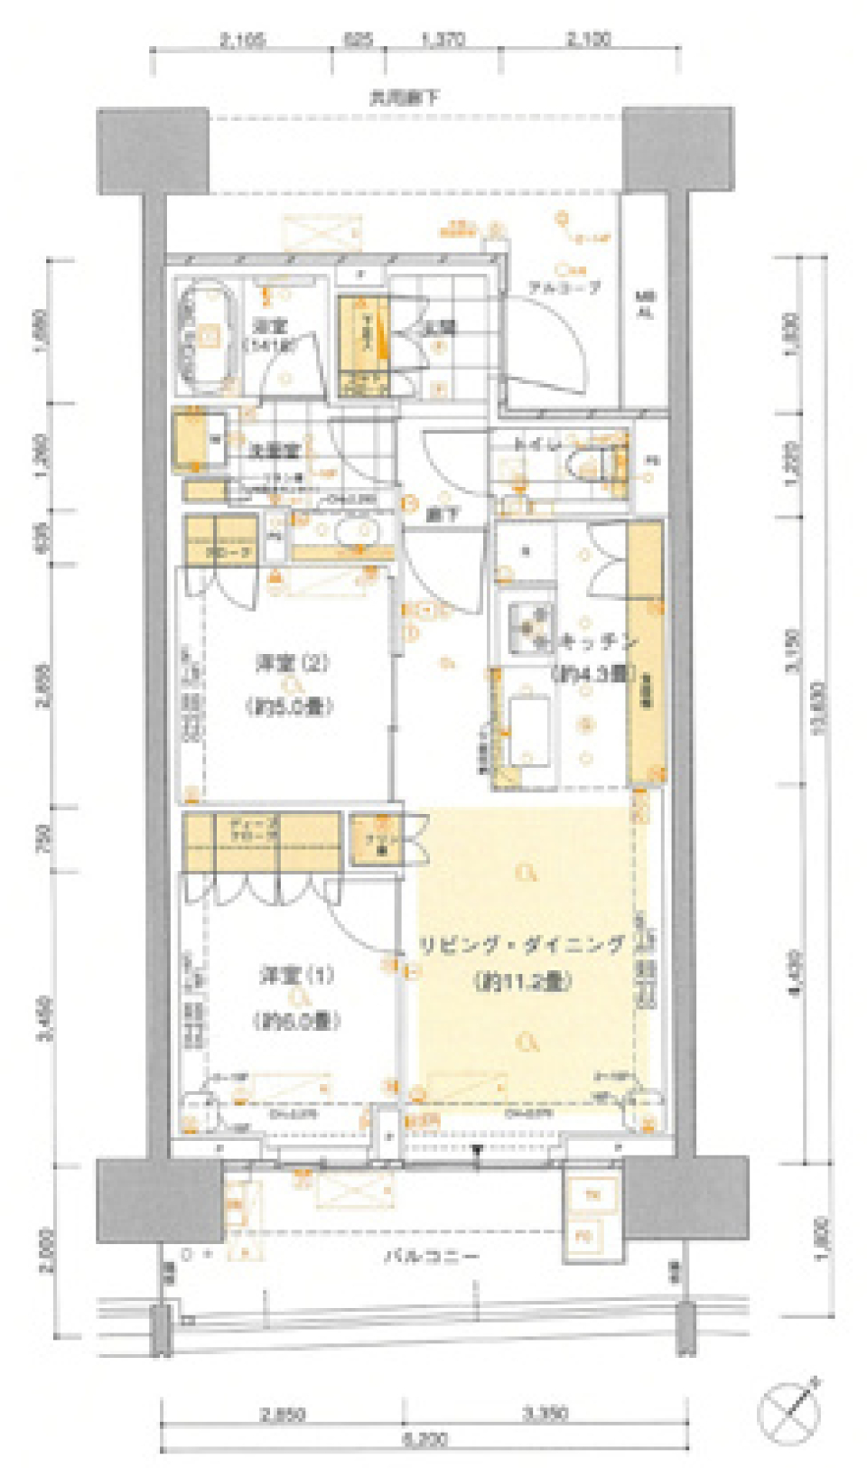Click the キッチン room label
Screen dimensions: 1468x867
tap(596, 642)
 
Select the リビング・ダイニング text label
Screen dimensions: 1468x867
tap(521, 946)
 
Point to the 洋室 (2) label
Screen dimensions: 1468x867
tap(291, 664)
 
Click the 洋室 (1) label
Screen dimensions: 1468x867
tap(297, 977)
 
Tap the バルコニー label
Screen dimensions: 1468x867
tap(432, 1257)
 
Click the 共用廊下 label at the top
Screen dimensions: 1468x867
tap(404, 97)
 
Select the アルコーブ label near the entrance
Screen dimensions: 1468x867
tap(564, 288)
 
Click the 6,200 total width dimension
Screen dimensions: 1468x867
tap(424, 1439)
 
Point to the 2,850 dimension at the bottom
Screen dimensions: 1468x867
tap(282, 1414)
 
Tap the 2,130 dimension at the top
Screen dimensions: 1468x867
tap(588, 40)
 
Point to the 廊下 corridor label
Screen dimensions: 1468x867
tap(443, 515)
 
